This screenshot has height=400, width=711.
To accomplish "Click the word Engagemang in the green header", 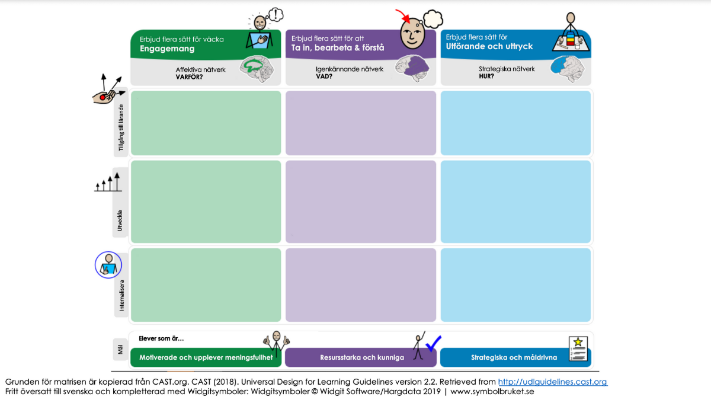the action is coord(167,49).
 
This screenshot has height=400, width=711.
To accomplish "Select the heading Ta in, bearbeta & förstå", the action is coord(338,47).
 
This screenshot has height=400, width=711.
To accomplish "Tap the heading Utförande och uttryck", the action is coord(489,46).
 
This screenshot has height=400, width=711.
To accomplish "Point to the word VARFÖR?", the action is coord(189,77).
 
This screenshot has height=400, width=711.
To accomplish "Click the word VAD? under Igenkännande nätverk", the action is coord(324,76).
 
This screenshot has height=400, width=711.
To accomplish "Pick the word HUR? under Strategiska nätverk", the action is coord(486,76).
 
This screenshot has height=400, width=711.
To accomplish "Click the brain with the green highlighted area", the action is coord(257,69).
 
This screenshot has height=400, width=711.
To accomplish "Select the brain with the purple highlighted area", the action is coord(412,68).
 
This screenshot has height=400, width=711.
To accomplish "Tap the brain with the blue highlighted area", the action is coord(567,69).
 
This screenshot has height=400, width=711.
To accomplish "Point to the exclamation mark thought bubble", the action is coord(276,15).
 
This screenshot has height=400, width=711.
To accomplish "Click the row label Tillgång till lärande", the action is coord(121,127).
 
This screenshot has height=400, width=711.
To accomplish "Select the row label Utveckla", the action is coord(120,220).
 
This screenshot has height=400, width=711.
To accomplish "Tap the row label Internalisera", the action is coord(121,295).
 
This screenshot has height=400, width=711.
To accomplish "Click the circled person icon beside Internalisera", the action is coord(108,265).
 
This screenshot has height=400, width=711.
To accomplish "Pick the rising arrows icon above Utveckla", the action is coord(108,183).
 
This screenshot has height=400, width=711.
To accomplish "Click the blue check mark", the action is coord(433,344).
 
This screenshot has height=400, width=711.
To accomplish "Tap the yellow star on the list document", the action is coord(578,342).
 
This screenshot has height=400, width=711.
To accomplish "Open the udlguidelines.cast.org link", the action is coord(553,382).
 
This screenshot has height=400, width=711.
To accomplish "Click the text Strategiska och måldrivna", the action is coord(514,357).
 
